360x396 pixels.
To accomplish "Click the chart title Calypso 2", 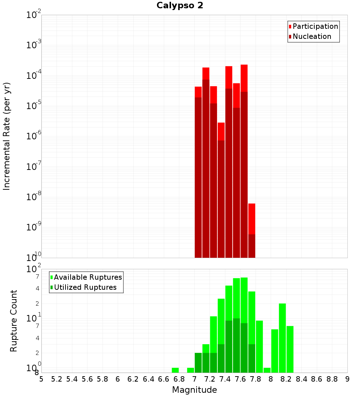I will pos(180,6).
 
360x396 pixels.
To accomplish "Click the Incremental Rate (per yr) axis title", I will pos(7,136).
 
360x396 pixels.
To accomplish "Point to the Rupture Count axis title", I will pos(14,321).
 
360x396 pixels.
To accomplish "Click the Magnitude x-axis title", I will pos(194,390).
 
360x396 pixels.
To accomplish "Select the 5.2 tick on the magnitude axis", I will pos(57,379).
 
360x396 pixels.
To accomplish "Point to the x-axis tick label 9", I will pos(347,379).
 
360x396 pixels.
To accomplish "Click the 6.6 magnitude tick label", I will pos(164,379).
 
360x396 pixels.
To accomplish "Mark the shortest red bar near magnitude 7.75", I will pos(252,230).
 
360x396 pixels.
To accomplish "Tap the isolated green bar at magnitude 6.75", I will pos(175,370).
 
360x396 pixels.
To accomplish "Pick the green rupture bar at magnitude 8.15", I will pos(282,338).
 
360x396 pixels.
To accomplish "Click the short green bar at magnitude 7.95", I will pos(267,370).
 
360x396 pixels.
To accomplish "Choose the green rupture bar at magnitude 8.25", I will pos(290,349).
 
